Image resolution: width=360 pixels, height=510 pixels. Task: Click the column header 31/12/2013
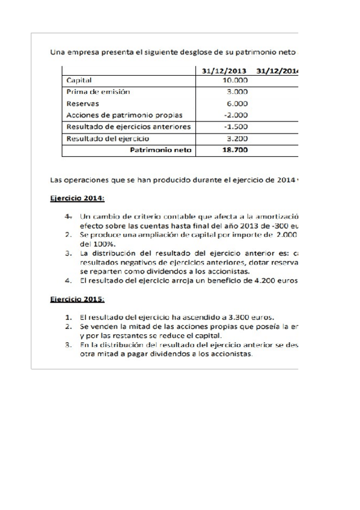(225, 70)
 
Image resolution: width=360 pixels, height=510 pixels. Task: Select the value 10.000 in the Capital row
(235, 80)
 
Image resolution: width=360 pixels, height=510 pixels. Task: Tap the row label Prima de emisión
(98, 91)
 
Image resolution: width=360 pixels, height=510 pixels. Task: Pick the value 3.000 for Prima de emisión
(237, 91)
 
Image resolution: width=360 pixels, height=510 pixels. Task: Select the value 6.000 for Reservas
(237, 103)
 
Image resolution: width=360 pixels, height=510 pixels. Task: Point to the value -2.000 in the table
(236, 115)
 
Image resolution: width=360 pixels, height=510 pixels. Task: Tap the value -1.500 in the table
(236, 127)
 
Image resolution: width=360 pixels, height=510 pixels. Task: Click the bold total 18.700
(235, 150)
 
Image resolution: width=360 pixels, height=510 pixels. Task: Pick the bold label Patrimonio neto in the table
(160, 150)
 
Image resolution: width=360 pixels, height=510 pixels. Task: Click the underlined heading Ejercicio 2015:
(76, 298)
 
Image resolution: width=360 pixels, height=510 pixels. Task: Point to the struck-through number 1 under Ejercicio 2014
(69, 215)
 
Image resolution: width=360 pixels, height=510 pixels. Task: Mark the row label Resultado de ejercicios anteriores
(129, 127)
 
